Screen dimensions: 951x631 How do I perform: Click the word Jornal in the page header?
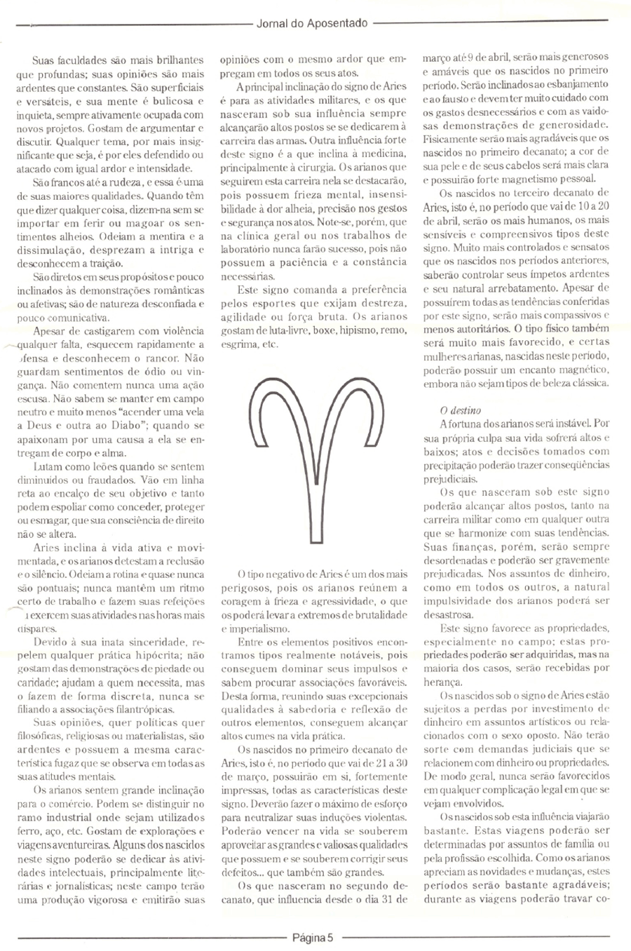(271, 23)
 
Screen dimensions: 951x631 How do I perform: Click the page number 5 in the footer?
(330, 936)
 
